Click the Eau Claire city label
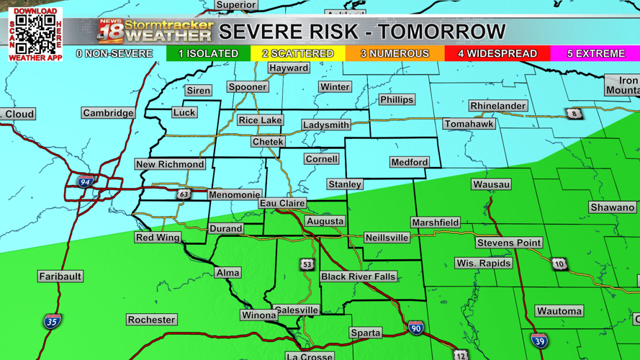pos(282,204)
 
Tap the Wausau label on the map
pos(492,184)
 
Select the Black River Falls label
pos(358,276)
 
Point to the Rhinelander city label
pos(497,106)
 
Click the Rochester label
pos(151,320)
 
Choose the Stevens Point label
pos(508,243)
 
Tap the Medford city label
pos(409,162)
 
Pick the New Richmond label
pos(170,164)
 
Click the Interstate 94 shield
pos(86,182)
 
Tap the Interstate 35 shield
pos(51,321)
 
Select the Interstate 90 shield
pos(415,328)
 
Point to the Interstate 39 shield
pos(539,340)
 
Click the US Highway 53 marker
pos(307,265)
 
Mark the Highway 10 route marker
pos(559,264)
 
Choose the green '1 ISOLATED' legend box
pos(208,54)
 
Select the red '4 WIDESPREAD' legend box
pos(497,54)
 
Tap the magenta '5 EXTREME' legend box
pos(595,54)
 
